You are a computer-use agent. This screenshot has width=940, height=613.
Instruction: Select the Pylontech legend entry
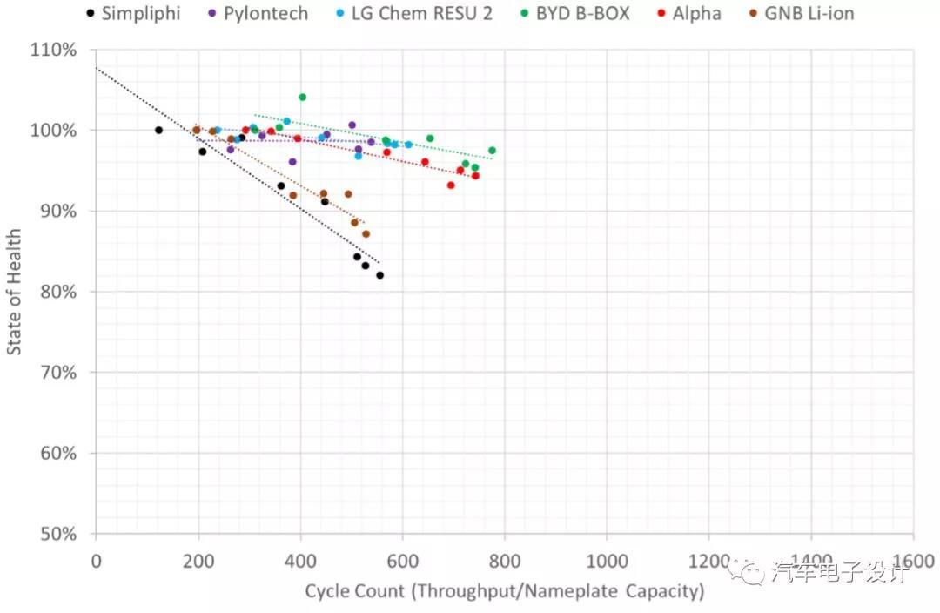click(x=259, y=13)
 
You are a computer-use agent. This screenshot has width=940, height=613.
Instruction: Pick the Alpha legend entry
click(x=689, y=13)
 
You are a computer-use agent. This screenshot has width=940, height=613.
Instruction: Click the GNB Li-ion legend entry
click(x=800, y=13)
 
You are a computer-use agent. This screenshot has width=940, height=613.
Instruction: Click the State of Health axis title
click(x=15, y=292)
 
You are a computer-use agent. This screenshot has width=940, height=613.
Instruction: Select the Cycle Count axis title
click(x=504, y=591)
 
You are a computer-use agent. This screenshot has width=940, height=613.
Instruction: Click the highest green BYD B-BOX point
click(x=302, y=97)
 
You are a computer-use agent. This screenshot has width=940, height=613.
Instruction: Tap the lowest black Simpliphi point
click(x=379, y=275)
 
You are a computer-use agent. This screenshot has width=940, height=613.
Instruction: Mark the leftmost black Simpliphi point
click(x=158, y=130)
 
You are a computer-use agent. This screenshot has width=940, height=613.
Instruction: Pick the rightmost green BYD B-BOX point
click(x=492, y=151)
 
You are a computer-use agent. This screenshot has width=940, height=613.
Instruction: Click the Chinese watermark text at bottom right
click(x=839, y=573)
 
